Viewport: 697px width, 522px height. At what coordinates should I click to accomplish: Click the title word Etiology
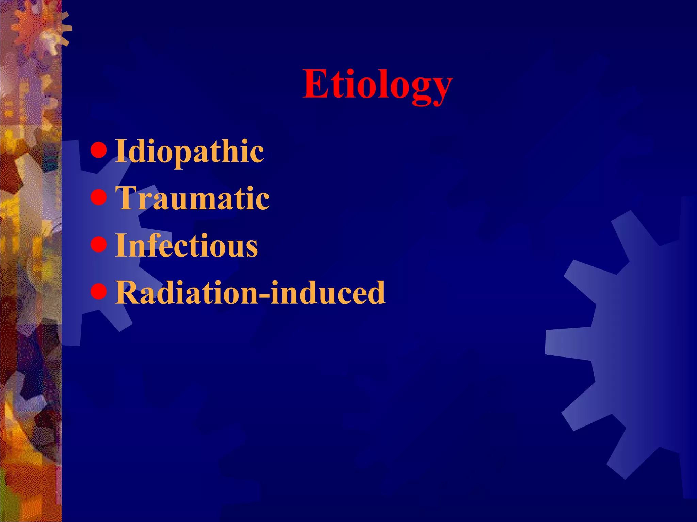[x=377, y=84]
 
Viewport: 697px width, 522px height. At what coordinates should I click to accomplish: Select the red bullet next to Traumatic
[x=99, y=197]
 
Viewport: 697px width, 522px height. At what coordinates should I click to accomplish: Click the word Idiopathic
[x=189, y=151]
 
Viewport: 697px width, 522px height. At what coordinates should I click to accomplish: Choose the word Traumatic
[x=192, y=198]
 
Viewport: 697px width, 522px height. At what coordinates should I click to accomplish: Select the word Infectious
[x=186, y=245]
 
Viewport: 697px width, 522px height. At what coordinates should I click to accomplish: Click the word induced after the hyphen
[x=327, y=293]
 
